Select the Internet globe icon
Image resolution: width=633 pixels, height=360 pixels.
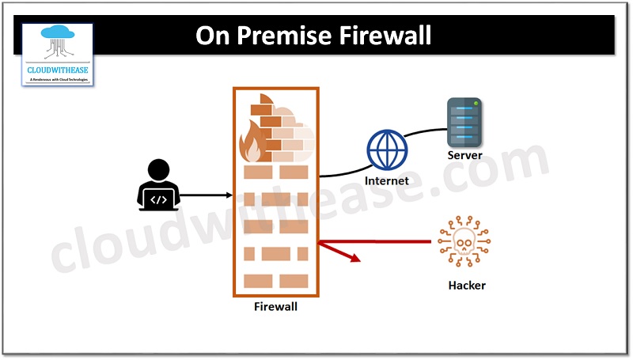[x=386, y=150]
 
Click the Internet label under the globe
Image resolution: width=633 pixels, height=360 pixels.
[x=386, y=180]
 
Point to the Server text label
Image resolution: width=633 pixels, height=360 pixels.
[x=464, y=155]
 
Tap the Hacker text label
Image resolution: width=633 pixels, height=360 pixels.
[x=466, y=285]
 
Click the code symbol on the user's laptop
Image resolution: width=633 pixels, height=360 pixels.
[x=159, y=199]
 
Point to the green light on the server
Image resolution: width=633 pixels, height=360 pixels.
[x=476, y=103]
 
